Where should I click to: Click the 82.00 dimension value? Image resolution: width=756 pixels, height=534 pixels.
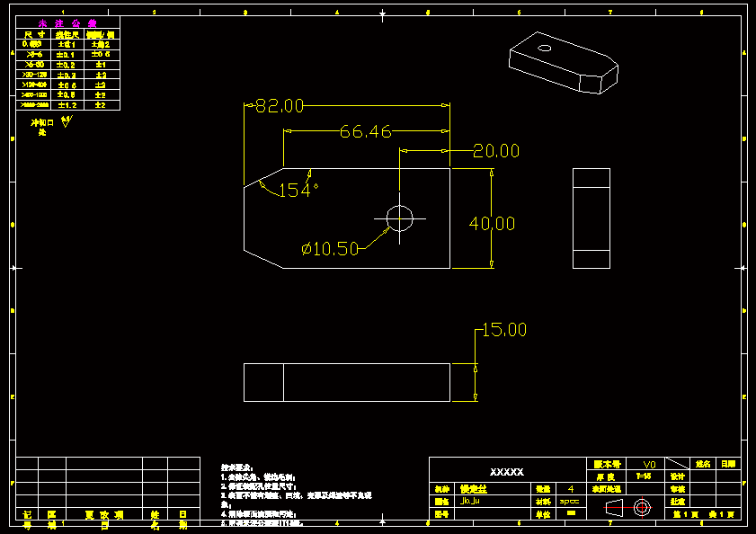click(280, 106)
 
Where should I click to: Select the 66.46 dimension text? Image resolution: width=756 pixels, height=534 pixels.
click(365, 132)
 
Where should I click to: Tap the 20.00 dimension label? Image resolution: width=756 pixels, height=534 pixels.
click(496, 151)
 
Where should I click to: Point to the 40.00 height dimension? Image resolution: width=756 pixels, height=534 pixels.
click(492, 224)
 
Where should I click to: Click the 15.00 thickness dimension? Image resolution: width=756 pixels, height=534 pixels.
click(504, 330)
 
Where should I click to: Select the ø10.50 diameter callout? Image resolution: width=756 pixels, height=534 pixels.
click(331, 248)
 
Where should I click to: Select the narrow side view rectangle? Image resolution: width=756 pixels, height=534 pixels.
click(591, 218)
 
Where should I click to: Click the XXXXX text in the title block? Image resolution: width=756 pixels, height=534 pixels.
click(506, 472)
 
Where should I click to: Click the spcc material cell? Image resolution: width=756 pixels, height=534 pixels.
click(570, 502)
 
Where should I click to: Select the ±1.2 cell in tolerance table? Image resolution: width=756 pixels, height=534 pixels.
click(67, 105)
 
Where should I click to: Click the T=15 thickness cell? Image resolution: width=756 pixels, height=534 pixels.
click(644, 476)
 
